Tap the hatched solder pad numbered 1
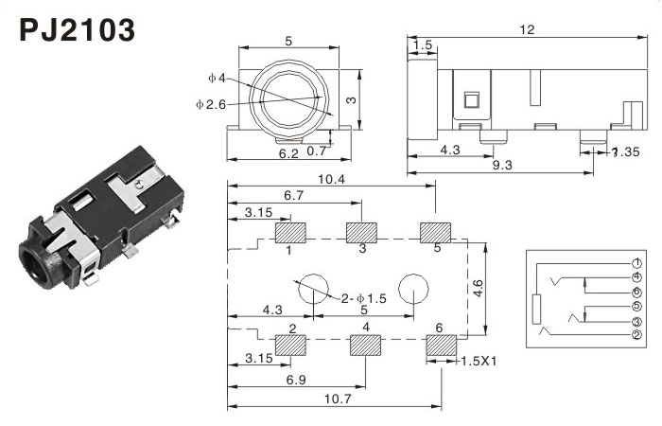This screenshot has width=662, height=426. click(x=288, y=232)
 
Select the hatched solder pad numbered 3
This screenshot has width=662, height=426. click(x=361, y=232)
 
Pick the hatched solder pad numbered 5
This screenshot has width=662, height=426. click(x=436, y=232)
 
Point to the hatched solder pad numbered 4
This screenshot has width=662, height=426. click(x=365, y=345)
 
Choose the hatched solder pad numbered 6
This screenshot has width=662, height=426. click(x=440, y=345)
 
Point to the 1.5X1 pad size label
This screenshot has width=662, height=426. click(x=480, y=361)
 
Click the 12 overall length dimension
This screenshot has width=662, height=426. click(x=528, y=29)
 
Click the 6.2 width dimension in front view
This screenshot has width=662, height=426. click(x=289, y=152)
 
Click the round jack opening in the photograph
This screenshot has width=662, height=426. click(x=39, y=264)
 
